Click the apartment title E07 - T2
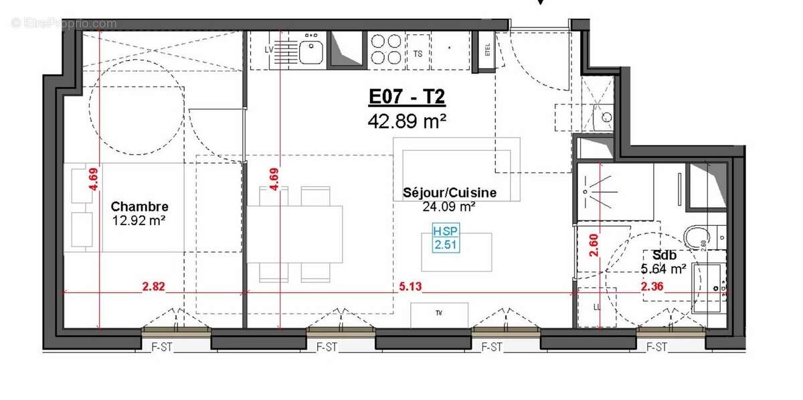pos(407,98)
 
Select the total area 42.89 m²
pos(407,121)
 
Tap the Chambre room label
pos(139,206)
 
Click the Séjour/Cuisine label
pos(449,193)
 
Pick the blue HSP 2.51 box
pos(446,238)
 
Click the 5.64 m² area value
pos(663,269)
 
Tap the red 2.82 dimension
pos(153,287)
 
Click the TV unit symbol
pos(439,314)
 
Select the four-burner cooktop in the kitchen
pos(387,49)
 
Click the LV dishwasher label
pos(270,50)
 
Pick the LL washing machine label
pos(597,307)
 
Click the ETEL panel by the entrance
pos(487,50)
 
